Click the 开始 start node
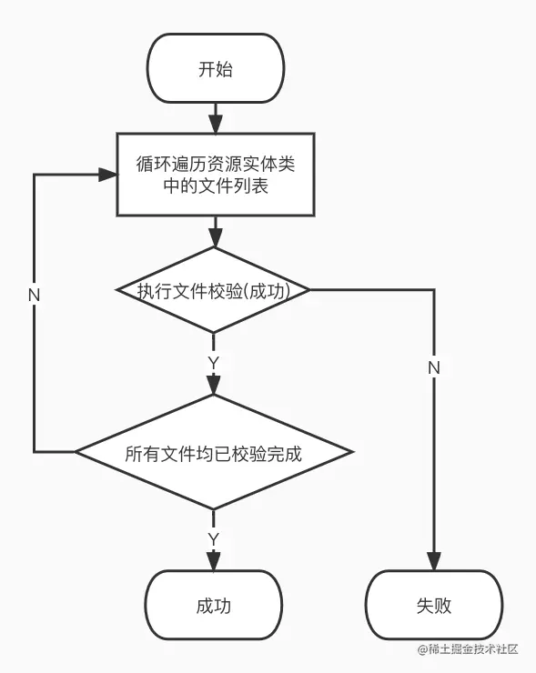click(x=216, y=68)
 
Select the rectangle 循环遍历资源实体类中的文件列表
click(x=216, y=175)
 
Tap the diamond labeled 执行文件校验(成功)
click(x=214, y=290)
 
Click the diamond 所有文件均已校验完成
click(x=214, y=451)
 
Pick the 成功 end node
click(x=214, y=605)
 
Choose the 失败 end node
click(x=434, y=605)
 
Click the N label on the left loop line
click(x=34, y=296)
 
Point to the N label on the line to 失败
click(x=434, y=367)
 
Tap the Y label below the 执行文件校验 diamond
click(x=214, y=363)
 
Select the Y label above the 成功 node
click(x=214, y=539)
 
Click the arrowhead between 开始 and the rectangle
click(x=216, y=125)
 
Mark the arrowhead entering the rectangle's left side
click(x=107, y=175)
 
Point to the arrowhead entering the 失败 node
click(x=434, y=561)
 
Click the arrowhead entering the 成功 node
click(x=214, y=561)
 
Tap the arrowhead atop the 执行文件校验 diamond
click(x=215, y=238)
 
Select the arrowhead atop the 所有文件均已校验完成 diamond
click(x=214, y=386)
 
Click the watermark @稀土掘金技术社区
click(x=468, y=649)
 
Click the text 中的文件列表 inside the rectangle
click(x=216, y=186)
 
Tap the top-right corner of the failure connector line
click(x=434, y=290)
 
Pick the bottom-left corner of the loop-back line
click(x=35, y=451)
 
